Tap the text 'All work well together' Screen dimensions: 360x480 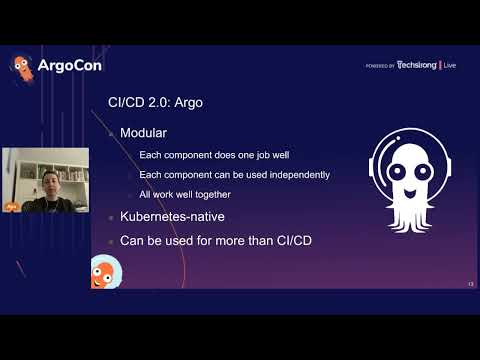pos(185,194)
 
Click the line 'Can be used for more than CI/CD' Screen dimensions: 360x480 pos(214,241)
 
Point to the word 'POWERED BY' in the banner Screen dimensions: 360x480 pos(379,66)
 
